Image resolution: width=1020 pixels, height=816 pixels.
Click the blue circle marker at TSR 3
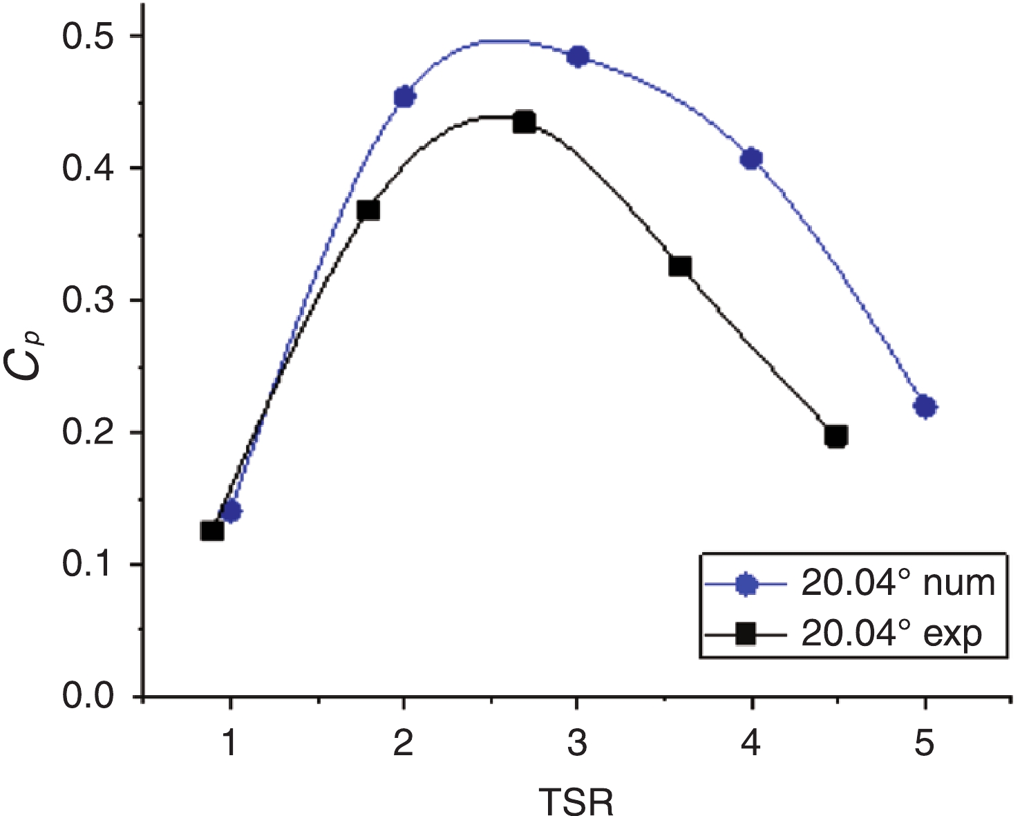(578, 57)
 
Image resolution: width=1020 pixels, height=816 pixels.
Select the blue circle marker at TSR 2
(404, 97)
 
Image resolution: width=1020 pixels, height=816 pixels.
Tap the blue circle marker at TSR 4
(752, 159)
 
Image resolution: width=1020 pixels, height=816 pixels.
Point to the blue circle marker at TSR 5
(925, 407)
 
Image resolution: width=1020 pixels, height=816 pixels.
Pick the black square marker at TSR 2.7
(525, 122)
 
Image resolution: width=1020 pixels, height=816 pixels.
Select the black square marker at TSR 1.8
(368, 211)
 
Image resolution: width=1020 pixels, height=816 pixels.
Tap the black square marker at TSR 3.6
(680, 267)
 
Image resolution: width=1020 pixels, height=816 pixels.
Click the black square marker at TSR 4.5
(836, 437)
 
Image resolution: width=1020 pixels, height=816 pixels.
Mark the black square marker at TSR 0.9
(212, 531)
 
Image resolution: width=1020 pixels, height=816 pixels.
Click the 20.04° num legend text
(898, 584)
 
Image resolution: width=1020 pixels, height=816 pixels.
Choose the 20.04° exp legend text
(891, 633)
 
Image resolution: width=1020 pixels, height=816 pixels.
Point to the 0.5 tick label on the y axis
(88, 37)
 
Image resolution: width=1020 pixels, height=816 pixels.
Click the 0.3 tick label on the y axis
(88, 301)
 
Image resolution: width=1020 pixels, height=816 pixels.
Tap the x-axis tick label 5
(925, 744)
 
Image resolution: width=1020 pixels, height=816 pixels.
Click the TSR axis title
(576, 801)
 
